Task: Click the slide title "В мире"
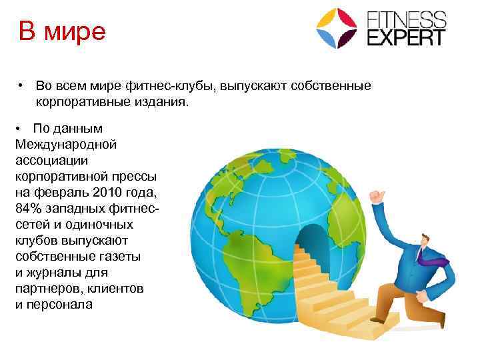coord(62,31)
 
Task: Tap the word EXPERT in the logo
coord(406,36)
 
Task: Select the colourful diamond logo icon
coord(337,28)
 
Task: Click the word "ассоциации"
coord(49,161)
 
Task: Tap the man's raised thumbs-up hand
coord(378,196)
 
